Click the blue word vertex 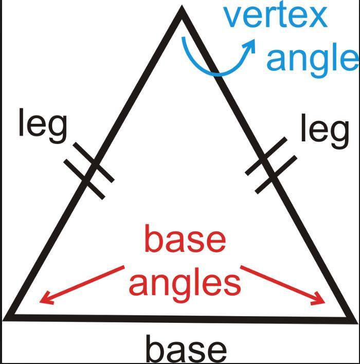coord(276,17)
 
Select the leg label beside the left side coord(43,125)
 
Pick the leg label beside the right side coord(325,131)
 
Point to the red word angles coord(185,285)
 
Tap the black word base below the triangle coord(186,349)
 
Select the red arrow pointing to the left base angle coord(82,285)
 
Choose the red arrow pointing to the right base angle coord(283,285)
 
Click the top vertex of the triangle coord(182,6)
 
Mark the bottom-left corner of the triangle coord(3,320)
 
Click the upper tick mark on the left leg coord(94,162)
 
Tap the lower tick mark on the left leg coord(84,179)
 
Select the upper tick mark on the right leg coord(266,156)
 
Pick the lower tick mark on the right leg coord(276,174)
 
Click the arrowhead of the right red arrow coord(319,299)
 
